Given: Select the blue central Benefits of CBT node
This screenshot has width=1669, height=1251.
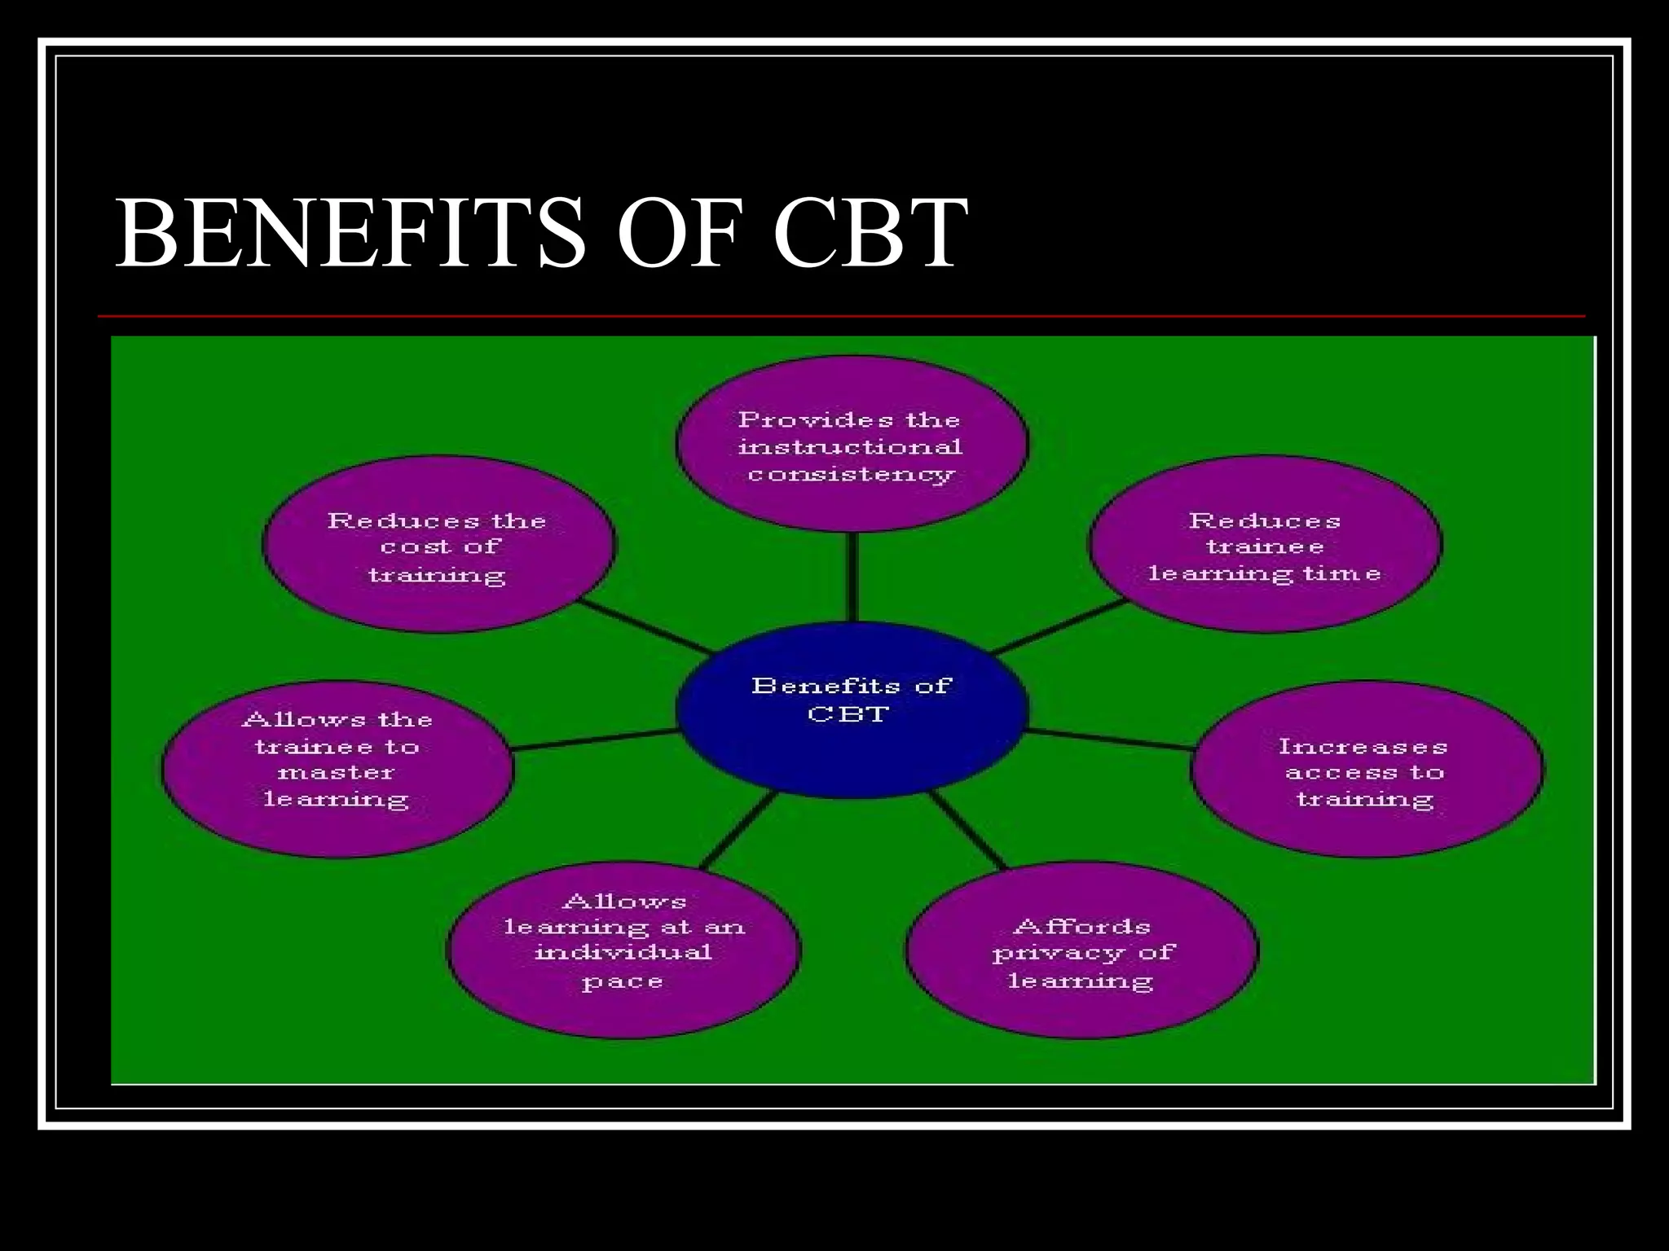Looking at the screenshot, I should [851, 709].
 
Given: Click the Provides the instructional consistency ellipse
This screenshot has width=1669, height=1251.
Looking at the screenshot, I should [852, 444].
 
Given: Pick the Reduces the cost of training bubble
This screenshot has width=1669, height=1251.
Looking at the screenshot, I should [438, 544].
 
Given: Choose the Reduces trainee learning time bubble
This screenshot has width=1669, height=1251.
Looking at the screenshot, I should [1265, 544].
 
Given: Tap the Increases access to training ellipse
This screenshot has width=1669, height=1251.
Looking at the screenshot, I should [1366, 770].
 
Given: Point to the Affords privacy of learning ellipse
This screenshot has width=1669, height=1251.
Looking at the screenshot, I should [1082, 950].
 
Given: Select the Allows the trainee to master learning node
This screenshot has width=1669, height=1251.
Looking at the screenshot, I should [337, 770].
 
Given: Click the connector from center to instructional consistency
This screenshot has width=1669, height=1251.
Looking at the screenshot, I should [852, 577].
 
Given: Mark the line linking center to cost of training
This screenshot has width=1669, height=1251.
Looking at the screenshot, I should [644, 627].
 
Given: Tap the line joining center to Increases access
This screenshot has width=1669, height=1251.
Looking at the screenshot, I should [1108, 739].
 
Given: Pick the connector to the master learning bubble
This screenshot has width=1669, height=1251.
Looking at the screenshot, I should [595, 739].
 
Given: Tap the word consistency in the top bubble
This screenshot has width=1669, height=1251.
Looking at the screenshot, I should [852, 474].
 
